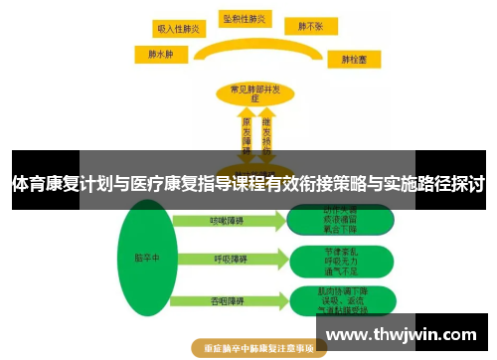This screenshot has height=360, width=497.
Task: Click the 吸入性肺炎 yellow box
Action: click(180, 30)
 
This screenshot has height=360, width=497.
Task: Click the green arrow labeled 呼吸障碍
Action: click(225, 261)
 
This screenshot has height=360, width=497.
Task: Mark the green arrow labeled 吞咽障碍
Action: click(225, 301)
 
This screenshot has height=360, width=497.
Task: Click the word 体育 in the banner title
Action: click(29, 183)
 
